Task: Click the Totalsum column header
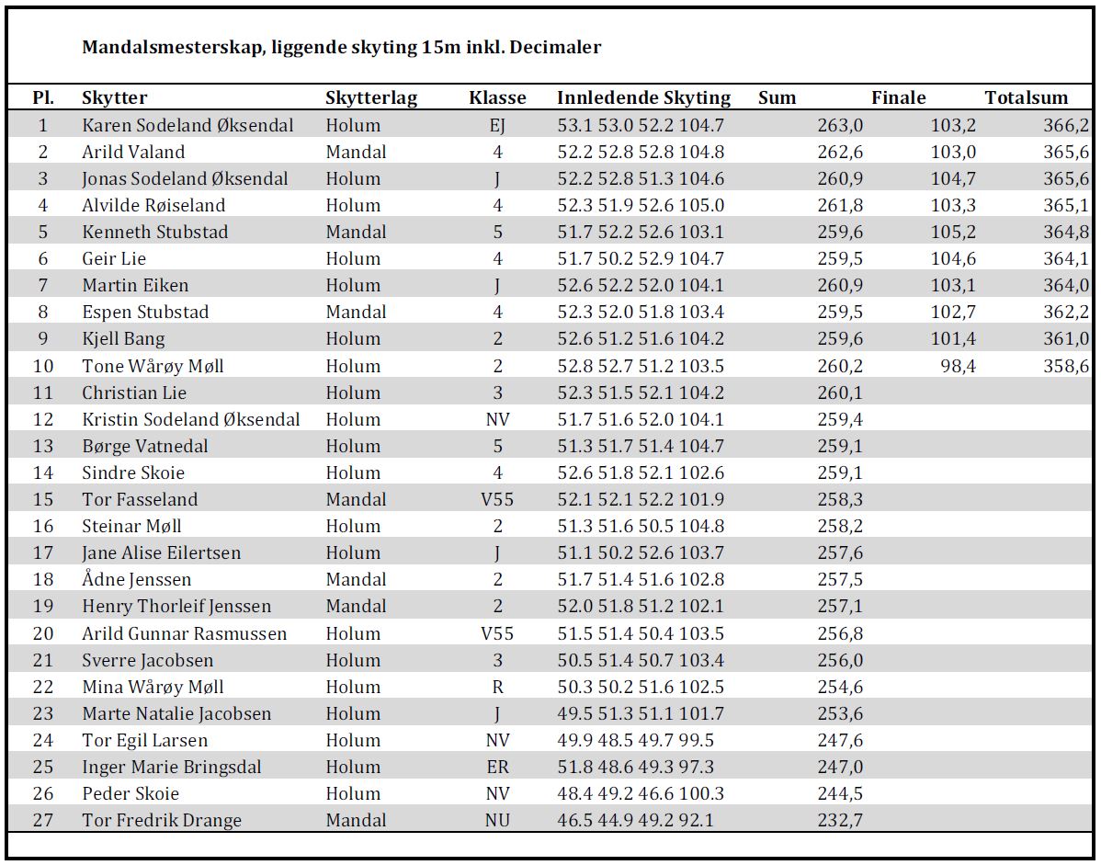(1026, 97)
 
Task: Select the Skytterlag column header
(370, 98)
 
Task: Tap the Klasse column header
(497, 97)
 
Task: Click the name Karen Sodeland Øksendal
(187, 125)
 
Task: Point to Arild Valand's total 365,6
(1066, 153)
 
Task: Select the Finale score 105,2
(953, 233)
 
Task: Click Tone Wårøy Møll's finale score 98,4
(958, 366)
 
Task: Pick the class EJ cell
(497, 126)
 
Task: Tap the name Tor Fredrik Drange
(162, 820)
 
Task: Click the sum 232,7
(840, 820)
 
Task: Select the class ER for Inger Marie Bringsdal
(497, 767)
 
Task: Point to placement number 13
(43, 446)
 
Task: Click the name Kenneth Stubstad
(155, 232)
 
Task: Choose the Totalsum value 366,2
(1066, 126)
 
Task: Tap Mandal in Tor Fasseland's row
(356, 499)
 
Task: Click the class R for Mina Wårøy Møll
(497, 687)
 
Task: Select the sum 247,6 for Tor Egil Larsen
(840, 740)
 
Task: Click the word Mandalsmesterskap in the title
(174, 48)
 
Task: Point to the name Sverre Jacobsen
(147, 660)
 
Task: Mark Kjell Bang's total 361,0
(1066, 339)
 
